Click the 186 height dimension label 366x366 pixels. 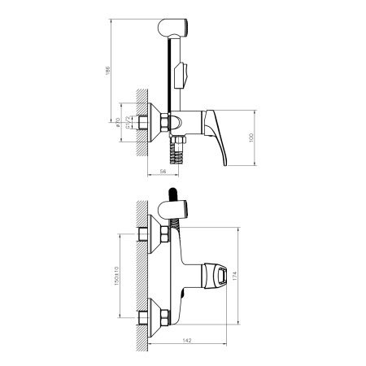pyautogui.click(x=108, y=71)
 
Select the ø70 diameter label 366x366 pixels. pyautogui.click(x=119, y=124)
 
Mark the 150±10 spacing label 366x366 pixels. pyautogui.click(x=118, y=277)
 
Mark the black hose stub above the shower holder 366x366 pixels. pyautogui.click(x=172, y=194)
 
